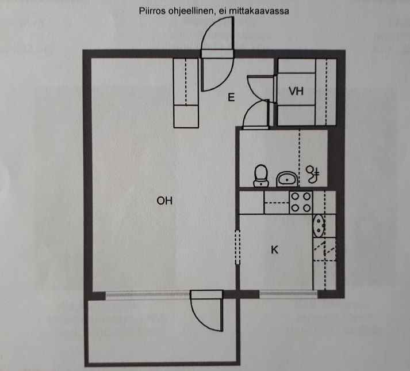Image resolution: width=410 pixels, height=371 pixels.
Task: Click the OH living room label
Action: coord(164,201)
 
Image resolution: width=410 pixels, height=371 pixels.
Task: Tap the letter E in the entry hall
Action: coord(231,97)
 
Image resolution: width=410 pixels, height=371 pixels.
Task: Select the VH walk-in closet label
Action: coord(296,91)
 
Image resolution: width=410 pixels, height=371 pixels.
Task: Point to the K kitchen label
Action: coord(274,250)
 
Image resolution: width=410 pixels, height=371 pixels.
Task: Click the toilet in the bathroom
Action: coord(261,176)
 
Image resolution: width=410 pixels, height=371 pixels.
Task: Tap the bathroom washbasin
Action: coord(287,179)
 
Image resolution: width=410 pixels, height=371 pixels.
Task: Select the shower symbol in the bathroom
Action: coord(313,174)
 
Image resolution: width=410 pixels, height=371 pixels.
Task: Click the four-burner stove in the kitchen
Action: coord(301,202)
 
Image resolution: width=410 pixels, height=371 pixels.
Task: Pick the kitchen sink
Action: coord(319,225)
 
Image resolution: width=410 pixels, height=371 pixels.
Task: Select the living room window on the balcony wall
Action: coord(148,295)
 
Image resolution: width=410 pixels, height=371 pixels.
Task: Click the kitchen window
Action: coord(288,294)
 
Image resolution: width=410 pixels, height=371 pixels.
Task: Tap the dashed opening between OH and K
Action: coord(237,247)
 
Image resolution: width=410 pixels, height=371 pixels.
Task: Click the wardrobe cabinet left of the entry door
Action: coord(186,93)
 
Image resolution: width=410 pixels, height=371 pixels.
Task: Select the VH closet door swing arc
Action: coord(256,86)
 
